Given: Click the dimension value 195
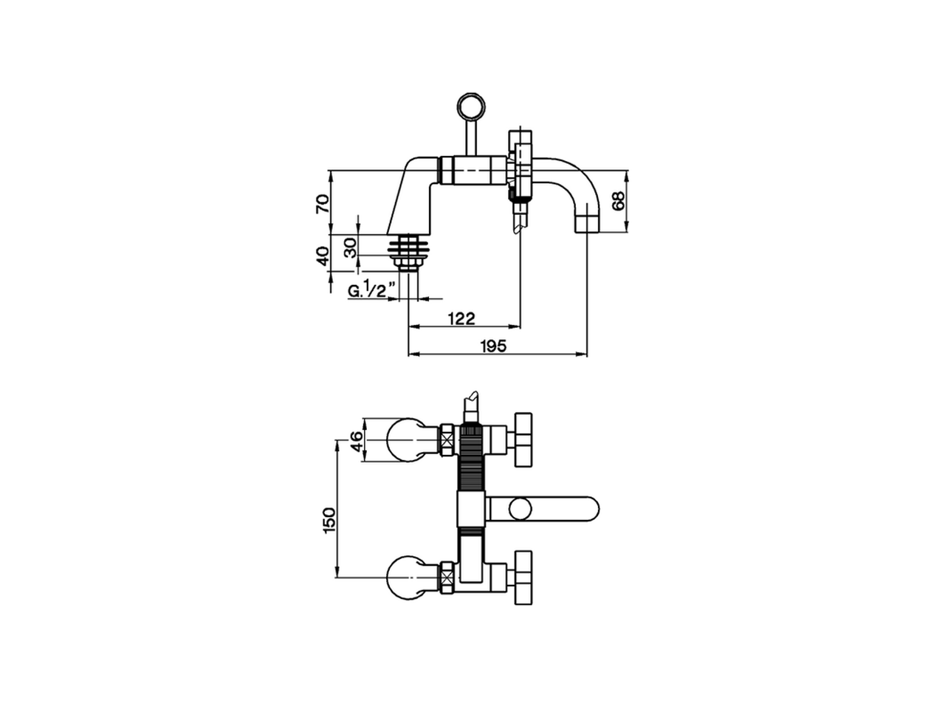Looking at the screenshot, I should [x=493, y=346].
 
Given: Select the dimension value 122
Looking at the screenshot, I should [x=461, y=318].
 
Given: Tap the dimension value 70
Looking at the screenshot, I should [x=322, y=203].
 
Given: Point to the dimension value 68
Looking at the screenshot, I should [x=618, y=201].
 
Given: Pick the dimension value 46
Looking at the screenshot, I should [x=356, y=442].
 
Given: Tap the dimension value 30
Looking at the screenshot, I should [x=351, y=246].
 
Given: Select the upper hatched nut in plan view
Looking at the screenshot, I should [x=447, y=441].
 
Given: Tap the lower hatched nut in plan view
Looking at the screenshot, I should [x=447, y=577].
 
